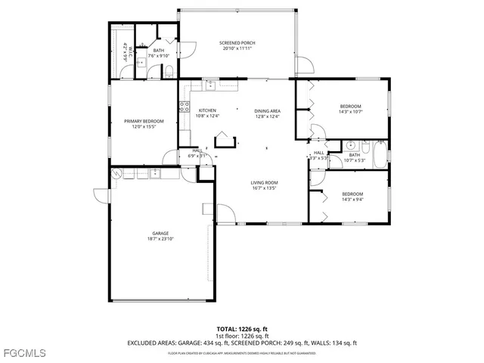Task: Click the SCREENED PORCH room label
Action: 237,43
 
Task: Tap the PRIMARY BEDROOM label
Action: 144,121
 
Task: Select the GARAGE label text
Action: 160,233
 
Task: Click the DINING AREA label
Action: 267,110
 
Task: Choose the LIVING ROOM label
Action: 265,182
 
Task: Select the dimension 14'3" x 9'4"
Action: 352,200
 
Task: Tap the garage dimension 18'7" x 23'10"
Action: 160,239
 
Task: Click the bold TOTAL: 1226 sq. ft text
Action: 242,328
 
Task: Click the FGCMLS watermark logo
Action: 23,353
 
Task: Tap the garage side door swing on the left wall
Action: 101,195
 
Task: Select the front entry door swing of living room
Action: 225,213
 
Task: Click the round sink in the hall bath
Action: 350,145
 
